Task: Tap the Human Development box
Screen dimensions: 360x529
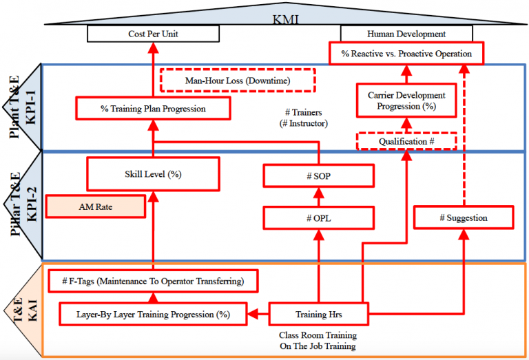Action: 406,34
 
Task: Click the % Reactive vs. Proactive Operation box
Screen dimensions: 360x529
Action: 406,53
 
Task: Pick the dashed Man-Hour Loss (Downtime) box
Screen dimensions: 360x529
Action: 237,81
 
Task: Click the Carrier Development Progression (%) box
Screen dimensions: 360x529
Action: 406,101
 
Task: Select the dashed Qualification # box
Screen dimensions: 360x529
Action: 406,141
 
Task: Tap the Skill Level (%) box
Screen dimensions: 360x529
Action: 153,174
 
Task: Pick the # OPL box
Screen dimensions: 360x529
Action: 318,218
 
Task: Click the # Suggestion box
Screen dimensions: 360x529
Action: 463,218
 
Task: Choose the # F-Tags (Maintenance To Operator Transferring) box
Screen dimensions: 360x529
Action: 153,281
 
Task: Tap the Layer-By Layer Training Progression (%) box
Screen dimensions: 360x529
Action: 153,315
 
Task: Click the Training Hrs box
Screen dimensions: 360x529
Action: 318,315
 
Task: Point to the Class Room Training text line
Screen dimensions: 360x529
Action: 318,335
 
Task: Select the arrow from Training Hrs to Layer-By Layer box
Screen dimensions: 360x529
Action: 258,315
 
